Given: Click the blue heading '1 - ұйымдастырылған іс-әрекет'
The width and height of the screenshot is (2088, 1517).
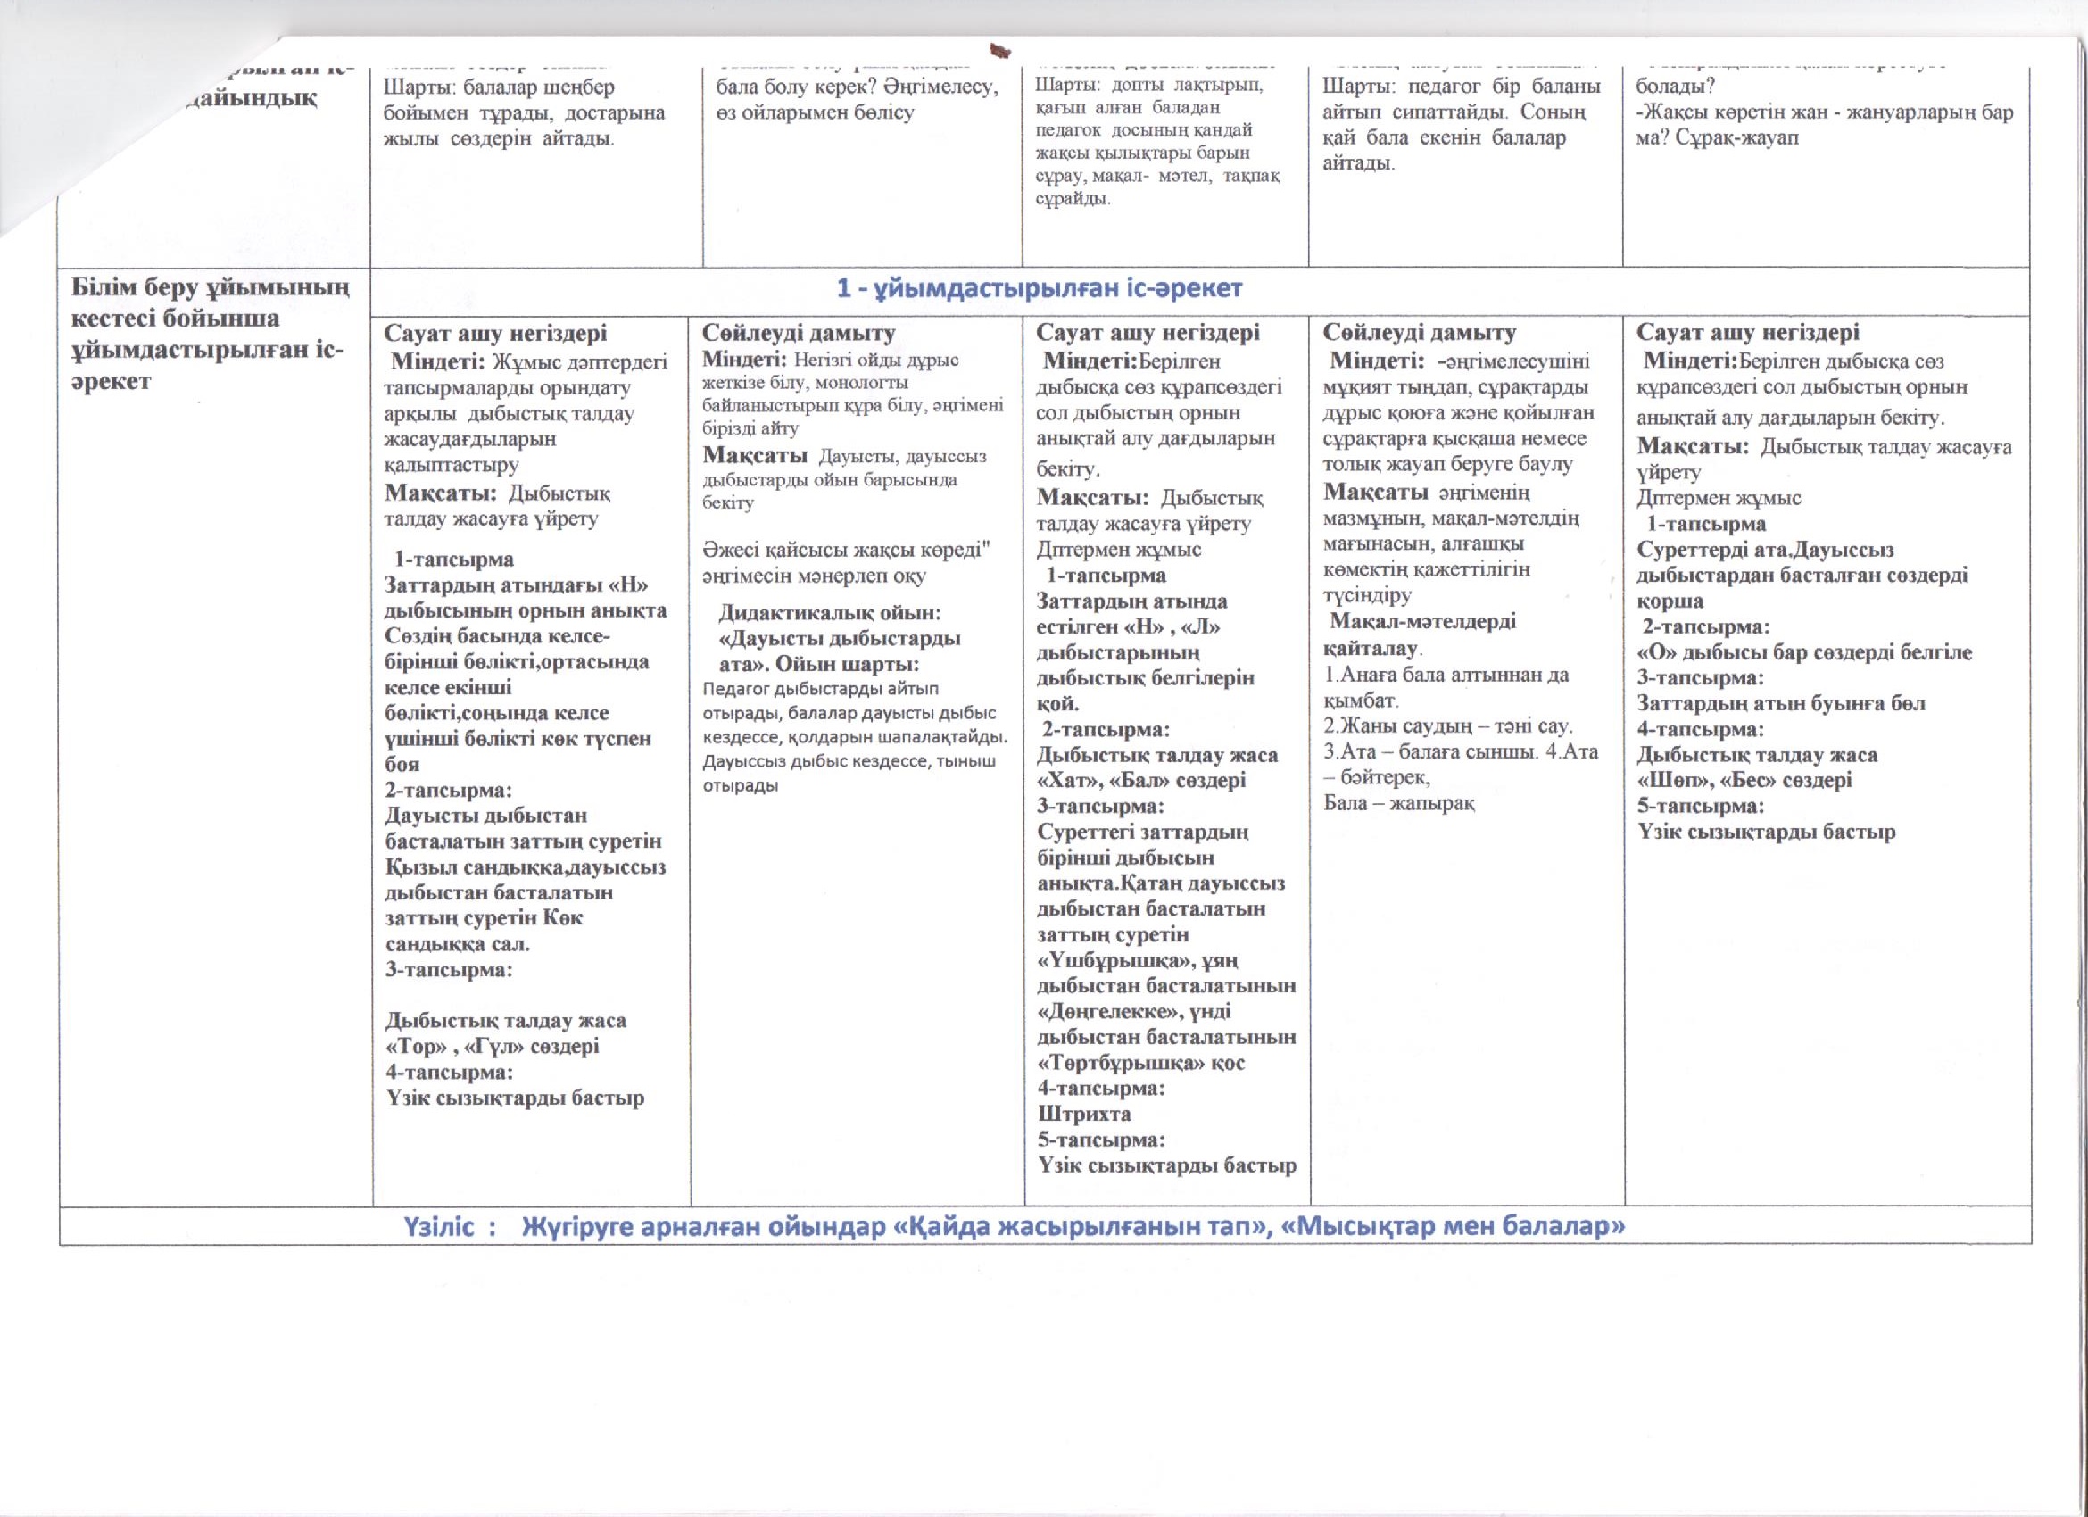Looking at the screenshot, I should point(1040,289).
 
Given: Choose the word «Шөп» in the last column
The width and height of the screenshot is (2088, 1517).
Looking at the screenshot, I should point(1673,781).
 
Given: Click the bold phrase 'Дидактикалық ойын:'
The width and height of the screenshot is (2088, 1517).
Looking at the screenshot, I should point(830,613).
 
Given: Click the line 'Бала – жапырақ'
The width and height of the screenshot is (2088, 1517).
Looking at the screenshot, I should point(1398,803).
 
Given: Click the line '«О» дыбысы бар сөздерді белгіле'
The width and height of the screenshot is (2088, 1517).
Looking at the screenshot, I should point(1803,652).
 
